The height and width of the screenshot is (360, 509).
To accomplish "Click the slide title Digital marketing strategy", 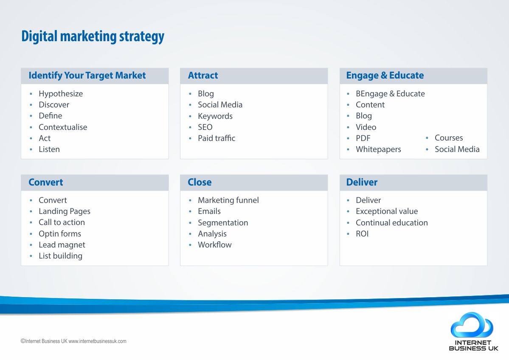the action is coord(93,37).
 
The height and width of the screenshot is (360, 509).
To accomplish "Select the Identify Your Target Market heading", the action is coord(87,75).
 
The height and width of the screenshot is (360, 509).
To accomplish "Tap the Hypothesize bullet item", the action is coord(61,94).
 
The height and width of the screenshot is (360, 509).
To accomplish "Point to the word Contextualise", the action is coord(63,127).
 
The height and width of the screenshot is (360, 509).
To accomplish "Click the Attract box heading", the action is coord(203,75).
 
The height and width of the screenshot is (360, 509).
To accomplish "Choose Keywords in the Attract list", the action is coord(215,116).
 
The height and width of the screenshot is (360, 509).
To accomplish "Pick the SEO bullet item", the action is coord(205,127).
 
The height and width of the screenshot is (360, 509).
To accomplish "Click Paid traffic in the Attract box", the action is coord(217,138).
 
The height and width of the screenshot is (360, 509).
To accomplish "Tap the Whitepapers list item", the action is coord(379,149).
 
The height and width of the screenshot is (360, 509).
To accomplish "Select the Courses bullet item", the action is coord(449,138).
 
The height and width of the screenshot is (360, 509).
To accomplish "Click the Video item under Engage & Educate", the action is coord(366,127).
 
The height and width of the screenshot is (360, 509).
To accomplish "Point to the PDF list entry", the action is coord(363,138).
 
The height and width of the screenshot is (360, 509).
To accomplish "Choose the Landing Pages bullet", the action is coord(65,211).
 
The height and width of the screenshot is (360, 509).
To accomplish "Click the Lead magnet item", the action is coord(62,245).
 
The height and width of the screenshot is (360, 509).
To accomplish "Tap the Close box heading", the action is coord(200,182).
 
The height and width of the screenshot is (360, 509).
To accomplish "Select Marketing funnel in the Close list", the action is coord(228,200).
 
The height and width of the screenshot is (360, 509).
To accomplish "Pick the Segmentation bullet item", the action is coord(223,223).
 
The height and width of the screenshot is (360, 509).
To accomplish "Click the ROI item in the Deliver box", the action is coord(362,234).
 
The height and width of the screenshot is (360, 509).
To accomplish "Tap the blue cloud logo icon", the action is coord(472,325).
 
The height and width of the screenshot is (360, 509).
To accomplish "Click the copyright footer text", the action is coord(73,341).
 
